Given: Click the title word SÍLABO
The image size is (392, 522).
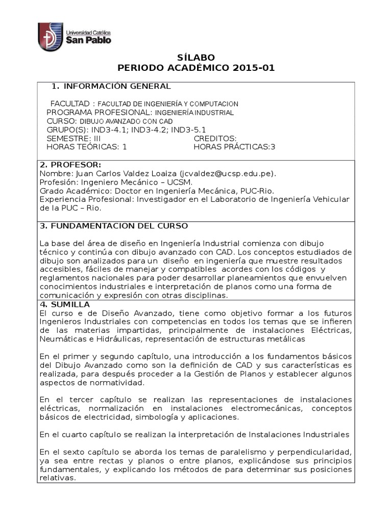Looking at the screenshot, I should pyautogui.click(x=196, y=57).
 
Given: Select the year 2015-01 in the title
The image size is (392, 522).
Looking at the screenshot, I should pyautogui.click(x=254, y=68).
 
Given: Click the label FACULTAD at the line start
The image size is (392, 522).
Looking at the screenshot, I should pyautogui.click(x=70, y=103).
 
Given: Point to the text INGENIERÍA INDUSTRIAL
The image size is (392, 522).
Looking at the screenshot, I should pyautogui.click(x=194, y=113).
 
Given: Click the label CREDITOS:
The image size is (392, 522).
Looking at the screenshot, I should pyautogui.click(x=215, y=139).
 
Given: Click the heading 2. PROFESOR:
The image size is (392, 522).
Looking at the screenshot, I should pyautogui.click(x=70, y=165).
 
